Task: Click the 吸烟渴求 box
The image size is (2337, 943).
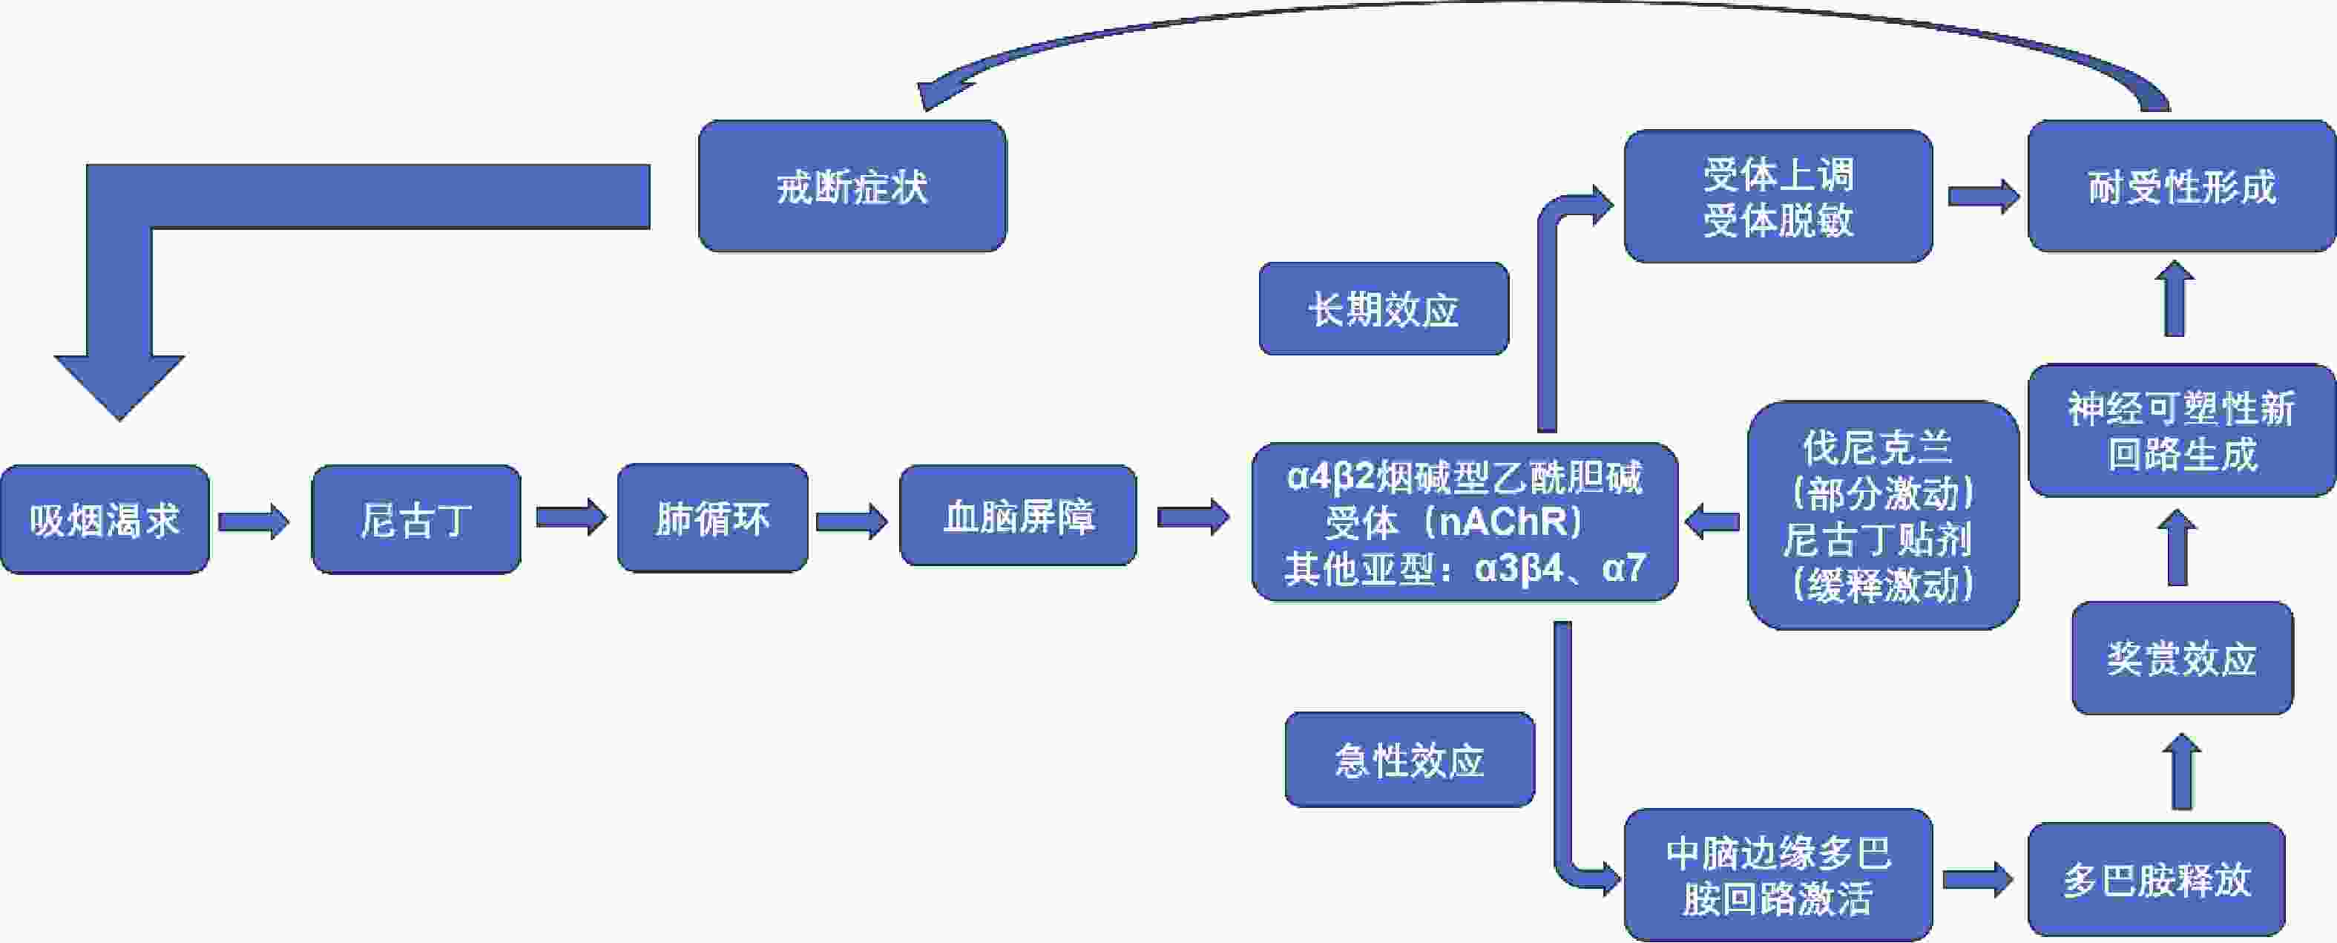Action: [x=105, y=520]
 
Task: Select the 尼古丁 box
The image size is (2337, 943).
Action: [x=415, y=520]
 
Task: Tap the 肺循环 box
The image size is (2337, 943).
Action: [x=712, y=518]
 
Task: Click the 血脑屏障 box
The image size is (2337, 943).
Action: [x=1018, y=516]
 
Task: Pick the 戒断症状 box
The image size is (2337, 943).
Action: [x=852, y=187]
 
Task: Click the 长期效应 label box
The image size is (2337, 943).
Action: [x=1384, y=309]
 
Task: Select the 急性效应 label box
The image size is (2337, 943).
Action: [x=1409, y=760]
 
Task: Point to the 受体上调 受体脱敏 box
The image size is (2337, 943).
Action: [x=1778, y=197]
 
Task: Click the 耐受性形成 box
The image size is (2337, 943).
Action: [x=2181, y=187]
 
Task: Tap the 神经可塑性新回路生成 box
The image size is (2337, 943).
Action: [x=2181, y=431]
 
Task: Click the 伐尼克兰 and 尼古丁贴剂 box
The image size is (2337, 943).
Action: [x=1882, y=516]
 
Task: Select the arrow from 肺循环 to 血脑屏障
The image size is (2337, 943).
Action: [x=851, y=521]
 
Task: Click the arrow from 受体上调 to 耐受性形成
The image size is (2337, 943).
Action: [x=1983, y=196]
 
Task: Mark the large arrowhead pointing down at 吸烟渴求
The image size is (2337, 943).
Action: [x=119, y=386]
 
